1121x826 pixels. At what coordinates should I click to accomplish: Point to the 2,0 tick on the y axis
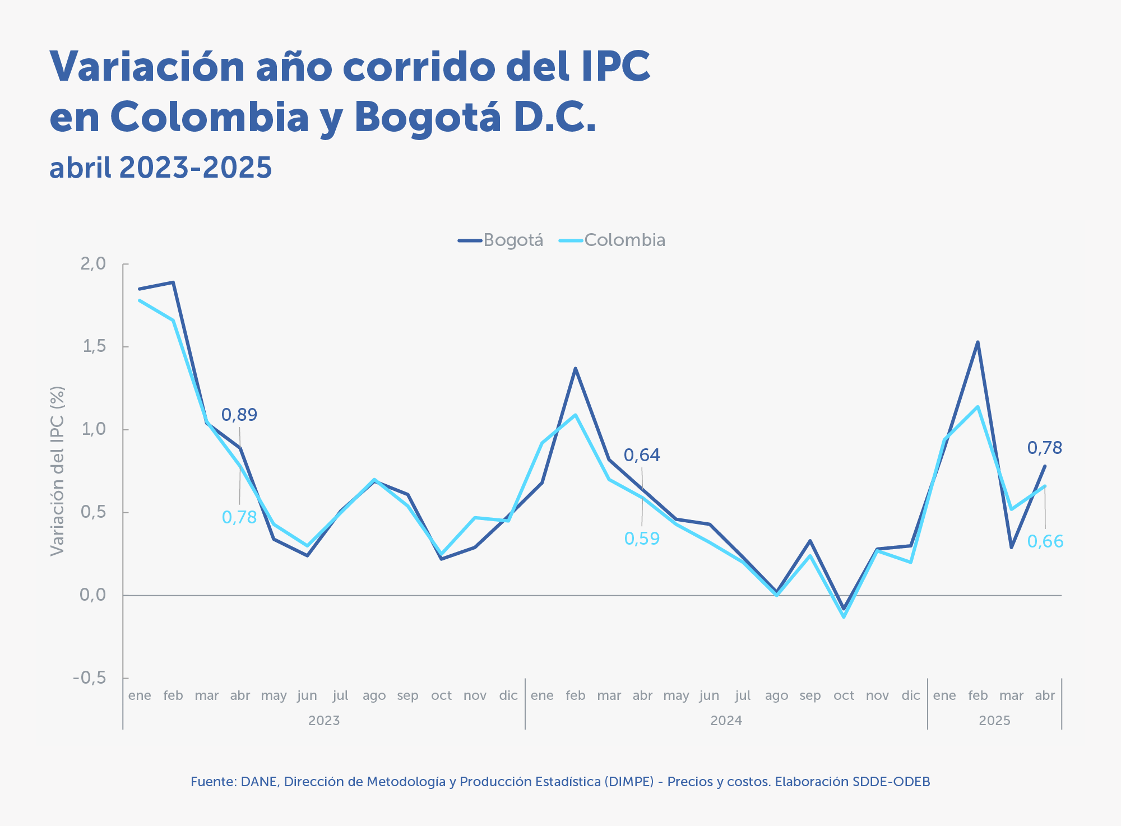[x=93, y=263]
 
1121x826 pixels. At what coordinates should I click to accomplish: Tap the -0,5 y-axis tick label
[x=90, y=678]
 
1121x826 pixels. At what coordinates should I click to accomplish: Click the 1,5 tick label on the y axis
[x=94, y=346]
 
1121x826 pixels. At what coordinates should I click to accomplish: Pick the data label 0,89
[x=239, y=415]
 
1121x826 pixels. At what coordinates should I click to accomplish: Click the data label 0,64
[x=642, y=455]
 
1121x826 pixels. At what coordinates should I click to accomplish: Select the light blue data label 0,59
[x=642, y=539]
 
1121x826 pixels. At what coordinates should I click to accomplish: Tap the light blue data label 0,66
[x=1045, y=541]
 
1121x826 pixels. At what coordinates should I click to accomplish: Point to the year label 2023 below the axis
[x=324, y=721]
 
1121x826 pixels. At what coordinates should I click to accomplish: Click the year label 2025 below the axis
[x=994, y=721]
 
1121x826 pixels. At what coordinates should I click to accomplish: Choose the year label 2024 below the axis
[x=726, y=721]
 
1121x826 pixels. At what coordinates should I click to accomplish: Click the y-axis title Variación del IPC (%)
[x=57, y=471]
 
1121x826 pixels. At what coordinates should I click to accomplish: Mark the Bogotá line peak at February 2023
[x=173, y=282]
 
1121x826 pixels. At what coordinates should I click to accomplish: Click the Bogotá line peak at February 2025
[x=978, y=342]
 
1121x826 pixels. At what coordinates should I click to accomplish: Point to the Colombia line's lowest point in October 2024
[x=844, y=617]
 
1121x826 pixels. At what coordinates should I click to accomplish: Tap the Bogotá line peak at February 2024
[x=575, y=368]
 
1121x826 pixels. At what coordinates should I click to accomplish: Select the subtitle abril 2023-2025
[x=161, y=168]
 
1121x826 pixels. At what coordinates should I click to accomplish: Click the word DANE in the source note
[x=258, y=782]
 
